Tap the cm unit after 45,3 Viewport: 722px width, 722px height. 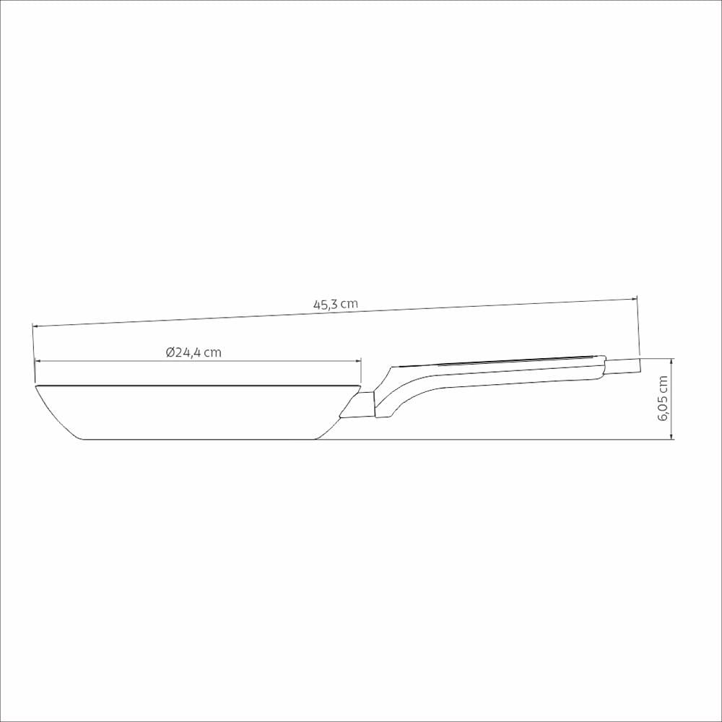pos(349,305)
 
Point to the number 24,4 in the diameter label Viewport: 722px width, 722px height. pos(188,353)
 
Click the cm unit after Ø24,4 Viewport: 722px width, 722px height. pos(213,353)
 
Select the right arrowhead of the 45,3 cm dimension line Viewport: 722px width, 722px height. pos(634,298)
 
